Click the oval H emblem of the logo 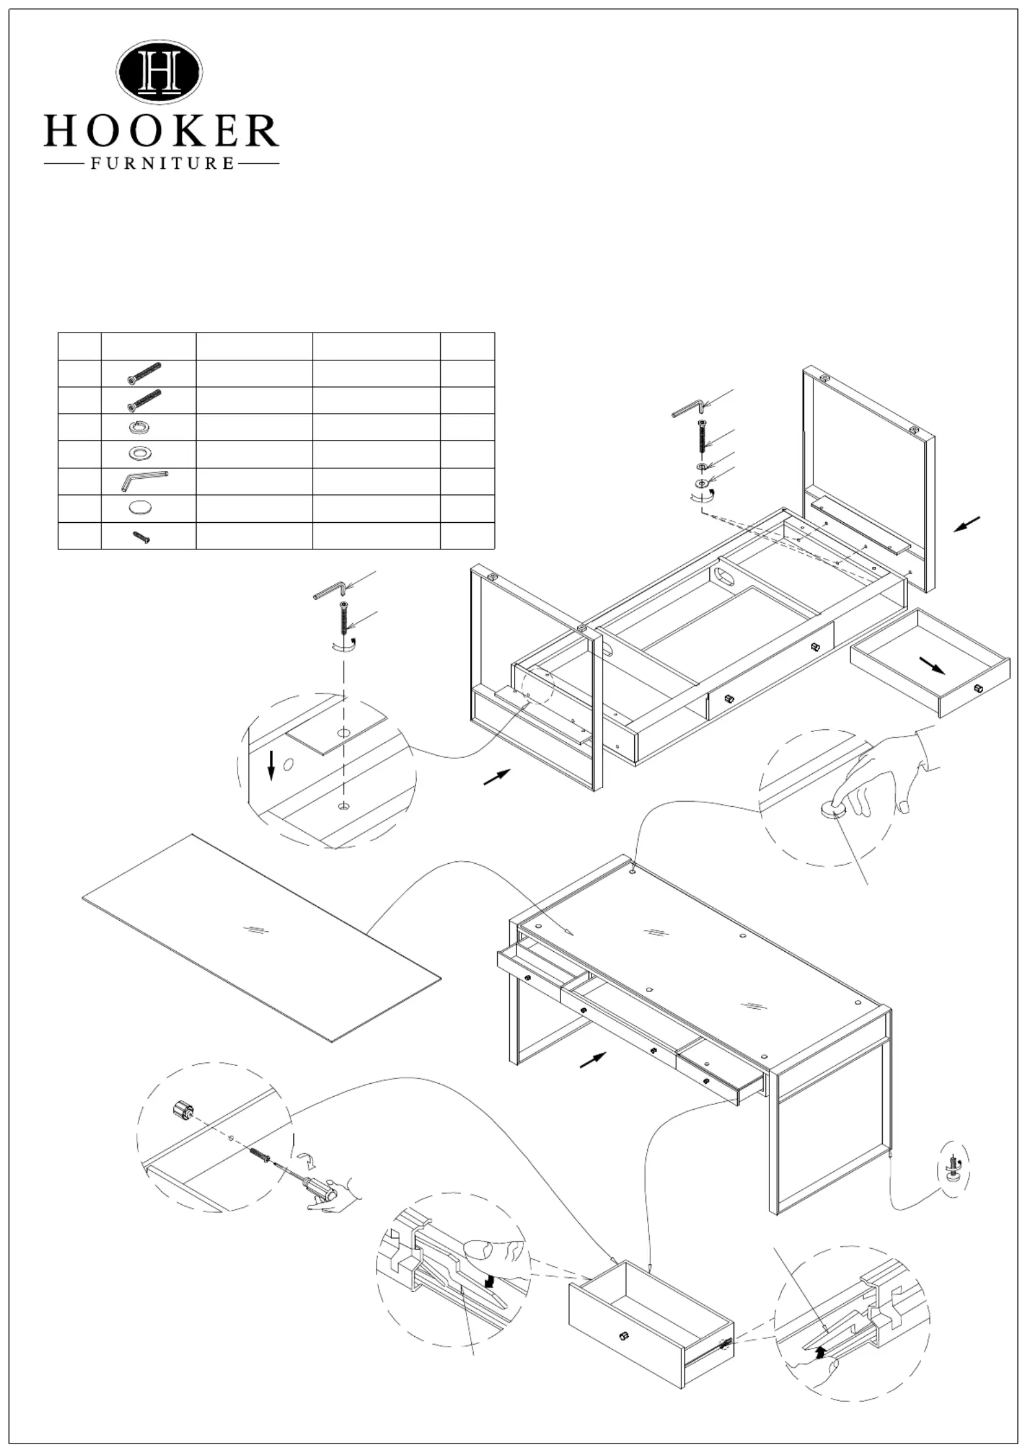[x=159, y=72]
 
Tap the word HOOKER [x=161, y=131]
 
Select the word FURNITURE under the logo [x=162, y=164]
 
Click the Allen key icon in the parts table [x=143, y=481]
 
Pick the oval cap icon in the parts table [x=142, y=508]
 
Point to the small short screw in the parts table [x=141, y=536]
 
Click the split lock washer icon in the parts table [x=140, y=427]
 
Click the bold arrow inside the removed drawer [x=932, y=666]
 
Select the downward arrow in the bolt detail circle [x=271, y=766]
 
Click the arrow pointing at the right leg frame [x=967, y=524]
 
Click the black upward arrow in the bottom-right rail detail [x=821, y=1352]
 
